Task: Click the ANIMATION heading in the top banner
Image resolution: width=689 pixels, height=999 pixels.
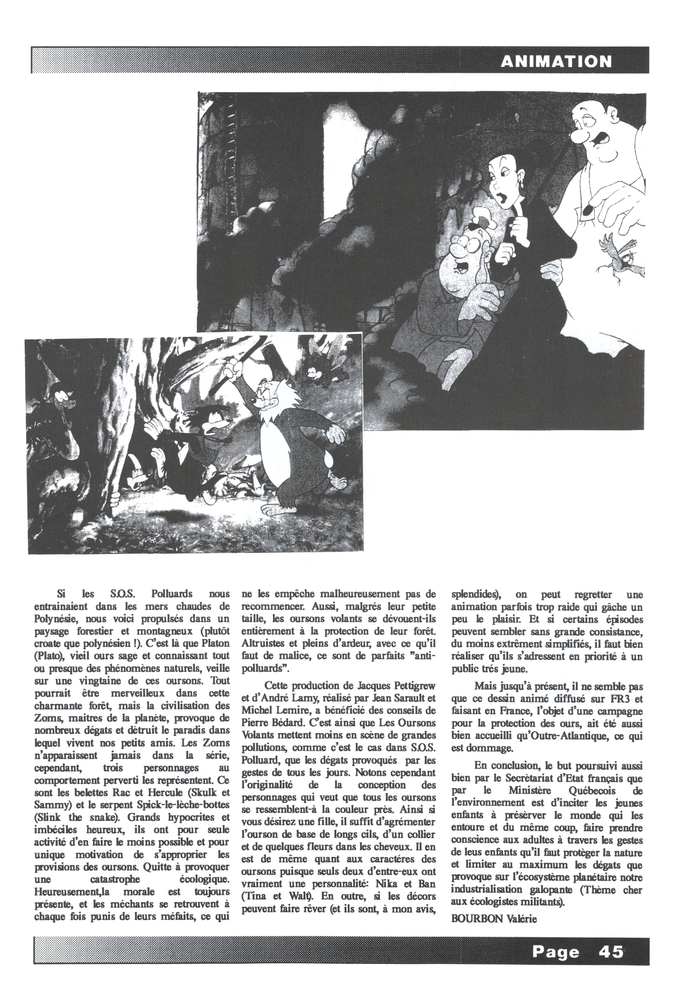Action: point(556,61)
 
